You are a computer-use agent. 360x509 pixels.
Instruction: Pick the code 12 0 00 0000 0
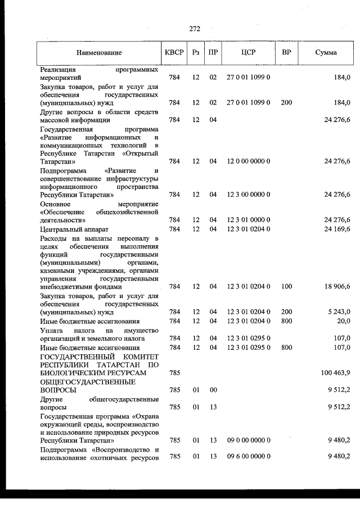pos(248,161)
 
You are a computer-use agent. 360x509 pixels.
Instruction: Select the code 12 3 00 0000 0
pos(248,195)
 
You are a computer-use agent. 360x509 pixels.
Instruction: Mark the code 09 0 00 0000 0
pos(248,441)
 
